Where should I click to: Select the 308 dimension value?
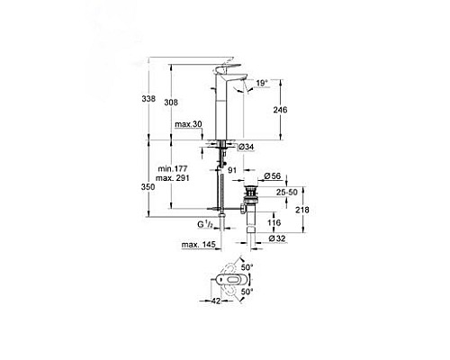(183, 103)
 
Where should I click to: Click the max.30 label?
(188, 123)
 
